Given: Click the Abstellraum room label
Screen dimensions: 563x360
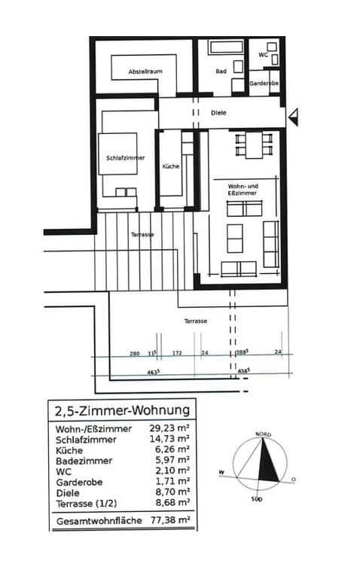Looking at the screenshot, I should pos(145,71).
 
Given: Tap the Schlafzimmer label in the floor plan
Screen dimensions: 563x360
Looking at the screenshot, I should pos(125,158).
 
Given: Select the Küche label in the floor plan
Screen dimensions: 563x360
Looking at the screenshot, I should pos(171,166).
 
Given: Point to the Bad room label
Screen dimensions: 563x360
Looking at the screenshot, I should pos(221,72).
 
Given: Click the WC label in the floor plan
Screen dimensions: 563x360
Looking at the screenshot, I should pos(264,55).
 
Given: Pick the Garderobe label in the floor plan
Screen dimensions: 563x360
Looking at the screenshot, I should pos(264,84).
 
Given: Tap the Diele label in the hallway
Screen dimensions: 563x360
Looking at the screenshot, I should pos(218,113).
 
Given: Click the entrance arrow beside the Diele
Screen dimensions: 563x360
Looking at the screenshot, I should pos(294,115).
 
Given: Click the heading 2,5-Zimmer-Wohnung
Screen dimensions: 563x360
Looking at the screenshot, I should pos(122,411).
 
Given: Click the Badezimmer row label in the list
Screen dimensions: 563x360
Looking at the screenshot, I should pos(84,460).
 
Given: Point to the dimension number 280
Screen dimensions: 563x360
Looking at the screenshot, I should pos(135,353).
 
